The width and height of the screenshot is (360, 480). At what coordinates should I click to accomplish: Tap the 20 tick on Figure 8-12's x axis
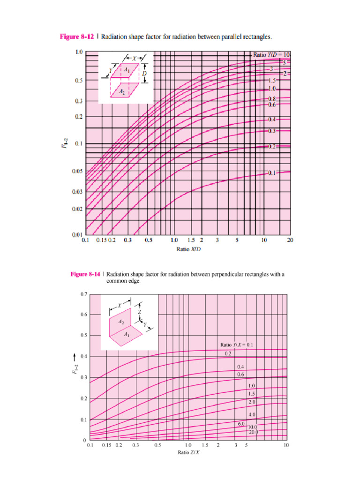[290, 240]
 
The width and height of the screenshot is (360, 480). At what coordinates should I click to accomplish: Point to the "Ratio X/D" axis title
[186, 249]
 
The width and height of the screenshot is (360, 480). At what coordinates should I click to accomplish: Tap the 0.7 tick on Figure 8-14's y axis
[83, 294]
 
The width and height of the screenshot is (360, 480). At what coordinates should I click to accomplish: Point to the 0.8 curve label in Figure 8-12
[272, 99]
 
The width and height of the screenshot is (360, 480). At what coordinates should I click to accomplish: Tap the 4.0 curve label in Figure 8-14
[252, 415]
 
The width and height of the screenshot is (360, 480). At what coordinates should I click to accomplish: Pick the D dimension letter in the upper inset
[145, 73]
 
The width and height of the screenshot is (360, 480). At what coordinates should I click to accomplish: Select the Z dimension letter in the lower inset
[139, 311]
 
